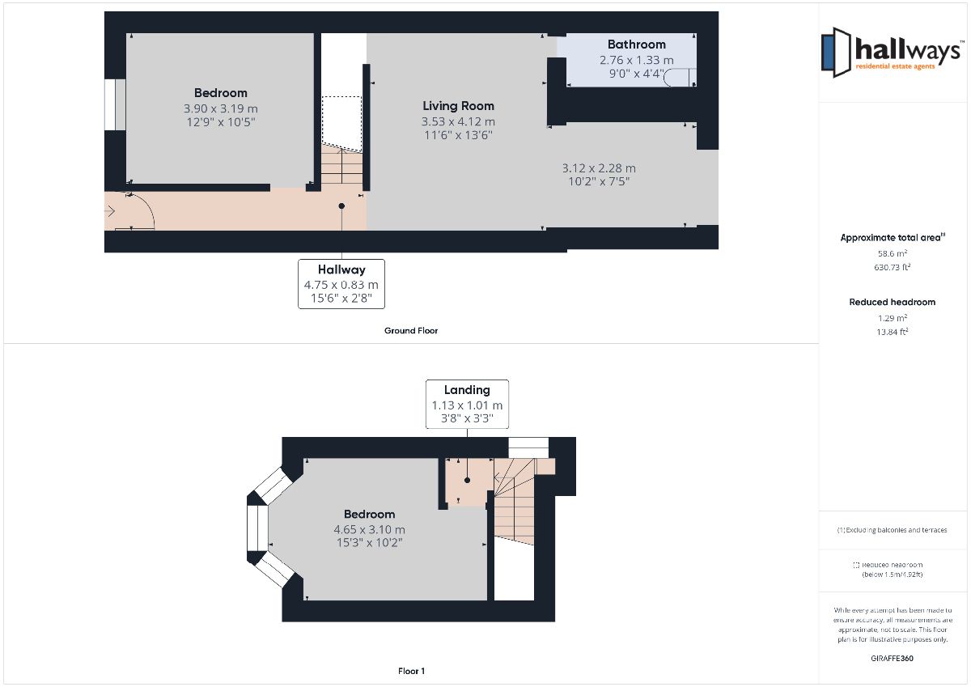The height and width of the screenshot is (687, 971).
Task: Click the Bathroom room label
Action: [636, 45]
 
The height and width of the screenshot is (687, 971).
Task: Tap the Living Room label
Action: [458, 106]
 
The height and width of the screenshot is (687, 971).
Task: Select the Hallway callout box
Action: [341, 284]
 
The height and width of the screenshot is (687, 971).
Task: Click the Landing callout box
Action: [467, 405]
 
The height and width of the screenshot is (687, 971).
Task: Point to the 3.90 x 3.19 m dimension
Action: [221, 108]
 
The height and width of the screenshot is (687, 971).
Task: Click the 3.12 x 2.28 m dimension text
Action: [599, 168]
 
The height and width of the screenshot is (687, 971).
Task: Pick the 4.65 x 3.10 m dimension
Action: [369, 529]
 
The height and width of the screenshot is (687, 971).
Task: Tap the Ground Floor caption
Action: [411, 331]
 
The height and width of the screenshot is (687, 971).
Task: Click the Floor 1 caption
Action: [411, 671]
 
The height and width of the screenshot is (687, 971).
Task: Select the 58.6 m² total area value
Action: [893, 253]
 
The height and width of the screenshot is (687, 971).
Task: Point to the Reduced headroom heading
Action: [892, 302]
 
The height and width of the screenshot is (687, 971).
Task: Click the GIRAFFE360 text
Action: [892, 659]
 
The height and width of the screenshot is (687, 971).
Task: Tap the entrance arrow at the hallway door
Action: [110, 211]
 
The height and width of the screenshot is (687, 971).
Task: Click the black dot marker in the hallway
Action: [341, 206]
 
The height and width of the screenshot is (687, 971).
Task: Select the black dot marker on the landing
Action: [468, 480]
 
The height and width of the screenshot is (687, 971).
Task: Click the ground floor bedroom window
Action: [115, 104]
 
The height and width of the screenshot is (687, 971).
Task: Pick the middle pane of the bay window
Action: [257, 528]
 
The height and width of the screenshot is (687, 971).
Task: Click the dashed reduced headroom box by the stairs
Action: [341, 124]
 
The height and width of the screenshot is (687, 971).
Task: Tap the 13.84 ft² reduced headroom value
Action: [893, 332]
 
